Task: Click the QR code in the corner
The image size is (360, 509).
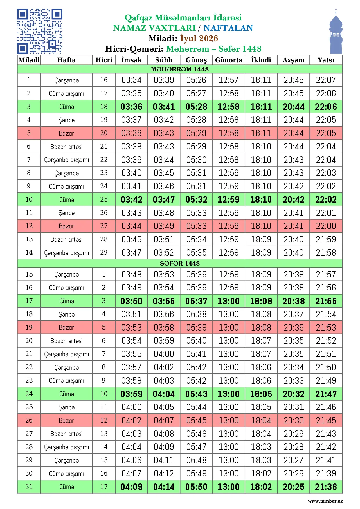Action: (x=40, y=31)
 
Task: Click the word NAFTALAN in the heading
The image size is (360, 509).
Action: (x=228, y=28)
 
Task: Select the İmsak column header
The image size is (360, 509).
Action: (x=132, y=60)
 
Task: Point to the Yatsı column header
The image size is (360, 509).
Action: (x=326, y=60)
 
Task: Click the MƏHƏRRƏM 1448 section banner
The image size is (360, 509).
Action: (x=180, y=69)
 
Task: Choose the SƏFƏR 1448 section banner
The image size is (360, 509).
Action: (x=180, y=263)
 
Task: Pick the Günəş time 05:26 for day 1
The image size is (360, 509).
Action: (x=196, y=80)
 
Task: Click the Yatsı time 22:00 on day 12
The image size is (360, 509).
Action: (x=326, y=226)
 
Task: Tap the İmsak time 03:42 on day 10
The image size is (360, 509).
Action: (x=132, y=199)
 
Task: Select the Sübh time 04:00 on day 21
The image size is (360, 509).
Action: (x=164, y=354)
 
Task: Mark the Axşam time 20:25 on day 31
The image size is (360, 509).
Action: (x=294, y=487)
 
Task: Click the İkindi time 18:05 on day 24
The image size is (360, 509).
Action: (x=261, y=394)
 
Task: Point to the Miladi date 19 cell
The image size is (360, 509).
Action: (x=29, y=327)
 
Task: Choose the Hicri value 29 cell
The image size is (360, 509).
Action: (x=104, y=252)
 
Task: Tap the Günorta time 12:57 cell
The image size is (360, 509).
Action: (x=228, y=80)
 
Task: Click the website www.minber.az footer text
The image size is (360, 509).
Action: (x=325, y=501)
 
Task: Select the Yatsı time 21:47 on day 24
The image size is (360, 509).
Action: (x=326, y=394)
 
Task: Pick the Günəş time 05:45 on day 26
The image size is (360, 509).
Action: (x=196, y=420)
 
